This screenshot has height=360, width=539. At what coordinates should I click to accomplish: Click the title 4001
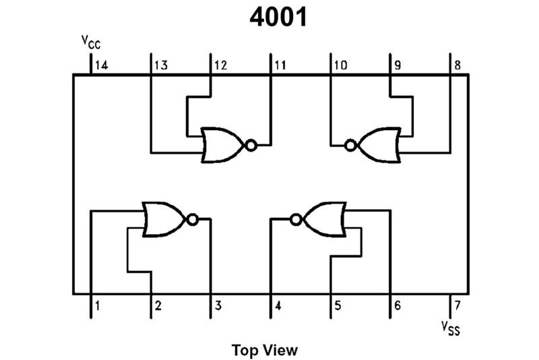[x=279, y=18]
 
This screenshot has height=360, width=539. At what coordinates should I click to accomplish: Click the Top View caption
[x=264, y=350]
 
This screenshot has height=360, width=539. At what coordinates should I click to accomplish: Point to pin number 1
[x=98, y=307]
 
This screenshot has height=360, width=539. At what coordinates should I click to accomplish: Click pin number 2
[x=158, y=307]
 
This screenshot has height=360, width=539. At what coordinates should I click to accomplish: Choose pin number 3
[x=218, y=307]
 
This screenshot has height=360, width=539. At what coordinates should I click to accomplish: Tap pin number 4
[x=278, y=307]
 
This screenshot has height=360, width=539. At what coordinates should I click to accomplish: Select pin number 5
[x=338, y=307]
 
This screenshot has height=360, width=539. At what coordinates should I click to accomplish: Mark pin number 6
[x=398, y=307]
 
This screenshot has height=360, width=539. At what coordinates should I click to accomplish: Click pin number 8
[x=457, y=65]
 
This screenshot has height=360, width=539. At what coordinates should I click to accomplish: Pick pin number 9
[x=398, y=65]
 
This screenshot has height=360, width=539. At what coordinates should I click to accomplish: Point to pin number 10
[x=340, y=65]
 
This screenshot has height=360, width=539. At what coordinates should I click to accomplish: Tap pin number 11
[x=280, y=65]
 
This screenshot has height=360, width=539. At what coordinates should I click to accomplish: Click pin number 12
[x=220, y=65]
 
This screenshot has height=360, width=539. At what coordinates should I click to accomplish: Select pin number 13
[x=160, y=65]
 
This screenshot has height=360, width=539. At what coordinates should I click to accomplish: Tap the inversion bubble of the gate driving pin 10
[x=350, y=145]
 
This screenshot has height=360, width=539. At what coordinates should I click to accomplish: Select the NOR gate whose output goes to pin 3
[x=164, y=219]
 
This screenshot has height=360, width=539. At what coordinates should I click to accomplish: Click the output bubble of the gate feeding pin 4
[x=295, y=219]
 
